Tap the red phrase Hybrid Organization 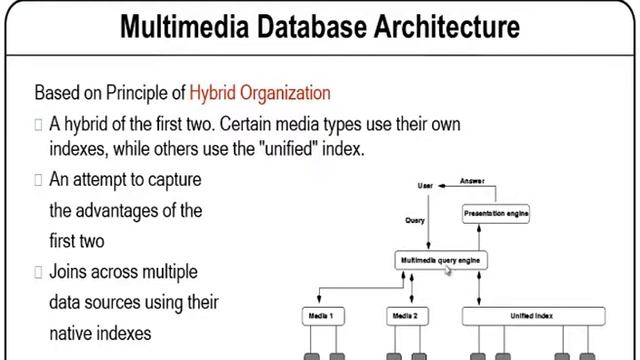(260, 94)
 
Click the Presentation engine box (496, 213)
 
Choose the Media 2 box (404, 315)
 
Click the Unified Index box (536, 315)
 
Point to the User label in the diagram (426, 186)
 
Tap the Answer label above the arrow (472, 181)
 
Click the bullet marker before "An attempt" (38, 180)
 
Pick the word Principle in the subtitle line (136, 94)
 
